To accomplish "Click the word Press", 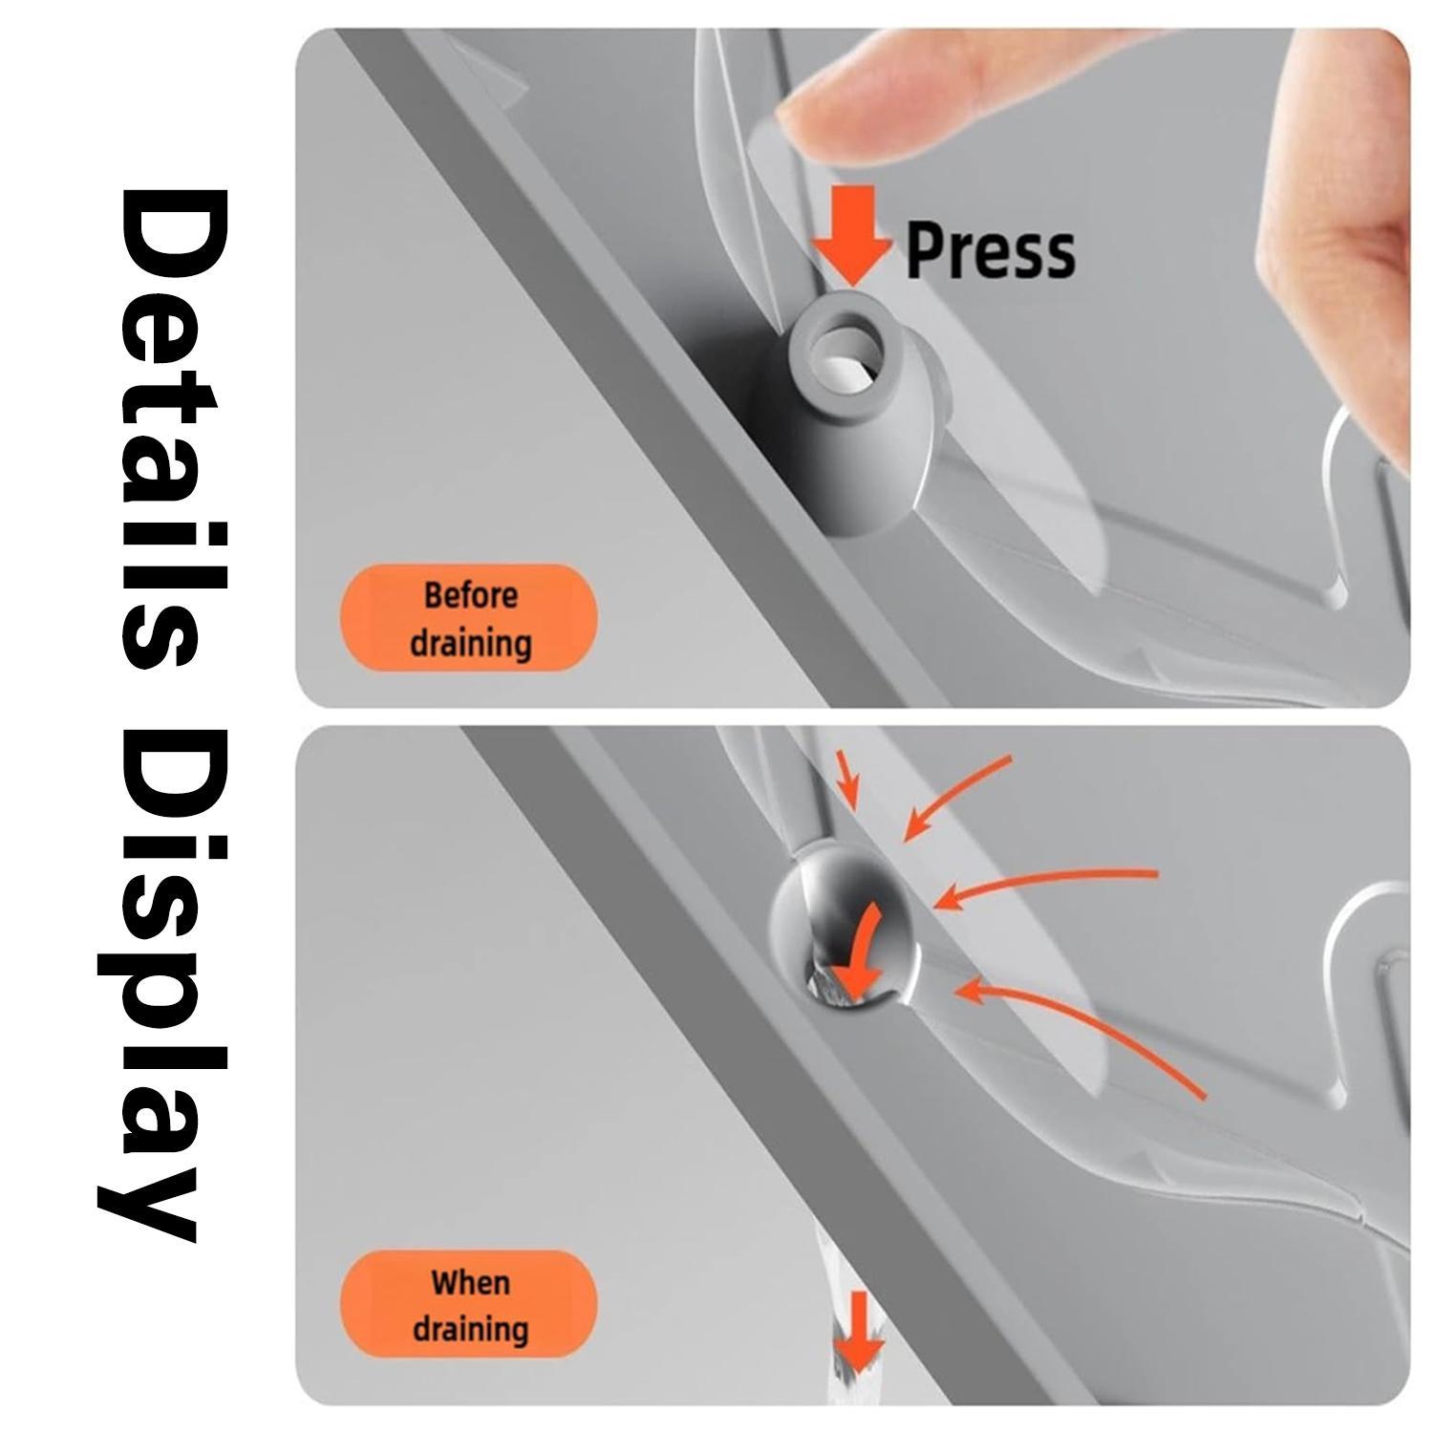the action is (990, 251).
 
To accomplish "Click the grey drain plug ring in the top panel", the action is (845, 354).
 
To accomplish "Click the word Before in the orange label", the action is (470, 595).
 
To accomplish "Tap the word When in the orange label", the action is (470, 1281).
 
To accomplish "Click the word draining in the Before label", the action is (470, 642).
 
